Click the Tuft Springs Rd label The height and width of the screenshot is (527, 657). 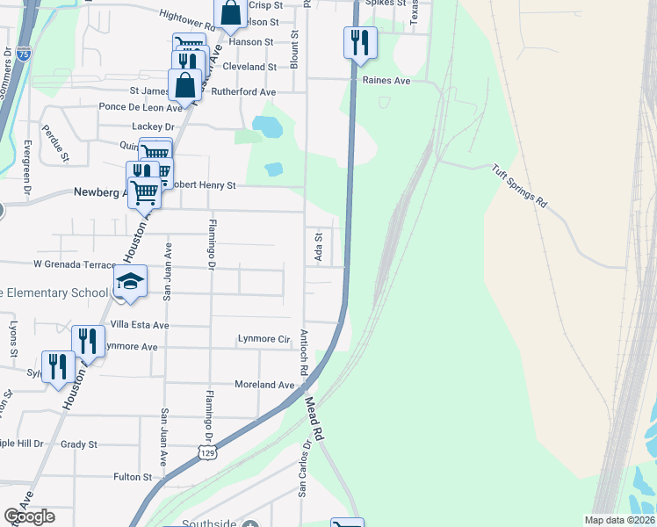(x=519, y=186)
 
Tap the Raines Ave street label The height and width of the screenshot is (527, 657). (x=386, y=80)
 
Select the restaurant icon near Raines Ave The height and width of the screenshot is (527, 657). (x=360, y=41)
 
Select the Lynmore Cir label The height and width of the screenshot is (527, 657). (x=264, y=338)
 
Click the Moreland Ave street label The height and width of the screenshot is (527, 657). (x=264, y=385)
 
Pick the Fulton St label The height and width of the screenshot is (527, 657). (x=133, y=477)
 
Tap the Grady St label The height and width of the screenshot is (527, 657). (x=79, y=444)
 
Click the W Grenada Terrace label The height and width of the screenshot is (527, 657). (x=75, y=263)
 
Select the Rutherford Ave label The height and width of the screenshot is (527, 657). (x=243, y=91)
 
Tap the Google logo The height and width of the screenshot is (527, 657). (x=29, y=516)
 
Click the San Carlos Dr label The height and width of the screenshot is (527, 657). (x=303, y=468)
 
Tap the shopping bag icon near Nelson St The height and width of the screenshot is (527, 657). (x=230, y=12)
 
